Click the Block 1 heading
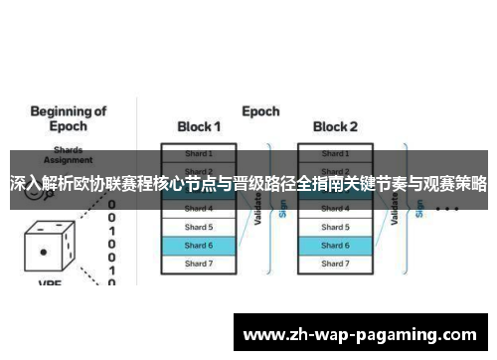(199, 126)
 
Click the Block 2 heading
(335, 126)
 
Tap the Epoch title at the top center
(260, 110)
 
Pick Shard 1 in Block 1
(199, 153)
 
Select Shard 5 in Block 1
(199, 227)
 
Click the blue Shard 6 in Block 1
(199, 245)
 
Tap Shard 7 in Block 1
(199, 264)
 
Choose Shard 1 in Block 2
(335, 153)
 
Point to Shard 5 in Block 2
(335, 227)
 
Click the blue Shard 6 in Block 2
(335, 245)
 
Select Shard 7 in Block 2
(335, 264)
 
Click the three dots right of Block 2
(446, 210)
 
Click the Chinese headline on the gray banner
(248, 184)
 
